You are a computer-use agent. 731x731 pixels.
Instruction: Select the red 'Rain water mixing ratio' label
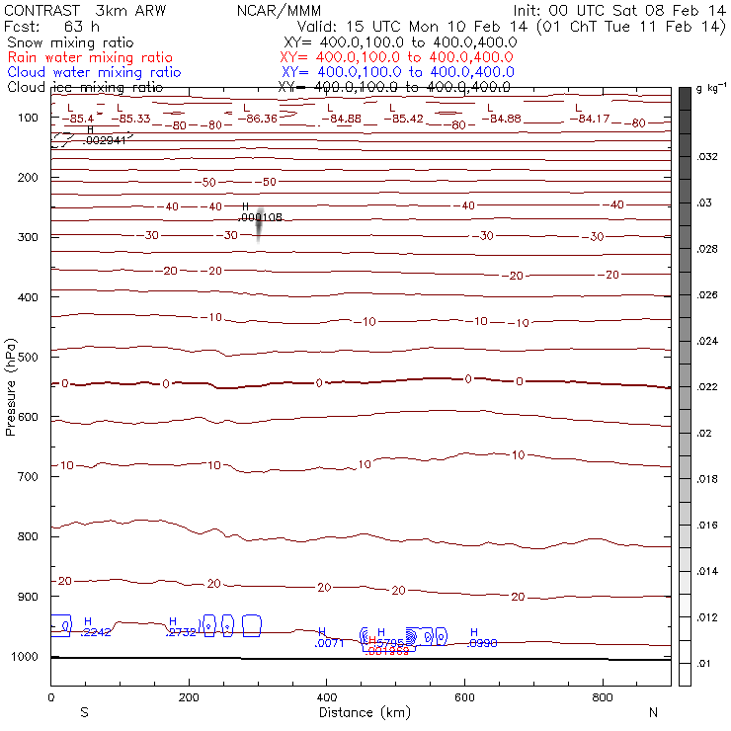(x=89, y=58)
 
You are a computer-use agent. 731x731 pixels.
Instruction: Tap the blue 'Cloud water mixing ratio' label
(x=93, y=72)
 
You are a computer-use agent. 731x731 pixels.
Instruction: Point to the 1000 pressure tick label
(x=28, y=657)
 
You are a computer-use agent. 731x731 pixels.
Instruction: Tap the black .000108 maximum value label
(x=261, y=217)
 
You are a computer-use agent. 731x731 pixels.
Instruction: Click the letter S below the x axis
(x=84, y=712)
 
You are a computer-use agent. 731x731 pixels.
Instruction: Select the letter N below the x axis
(x=653, y=712)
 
